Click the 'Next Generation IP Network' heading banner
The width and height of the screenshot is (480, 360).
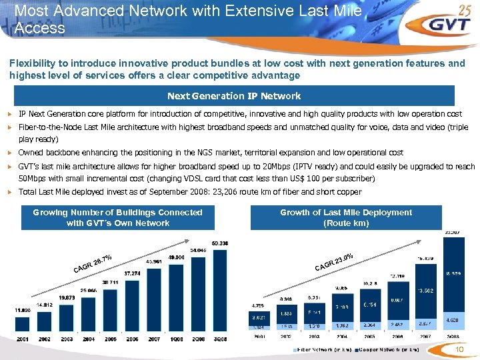(233, 96)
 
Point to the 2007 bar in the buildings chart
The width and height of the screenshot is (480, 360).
(154, 299)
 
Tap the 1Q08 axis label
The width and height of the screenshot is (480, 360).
(176, 339)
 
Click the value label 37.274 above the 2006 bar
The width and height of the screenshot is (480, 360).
(132, 273)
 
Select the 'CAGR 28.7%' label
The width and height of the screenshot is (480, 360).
(93, 263)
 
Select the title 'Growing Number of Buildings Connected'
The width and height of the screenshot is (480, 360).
(118, 212)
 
